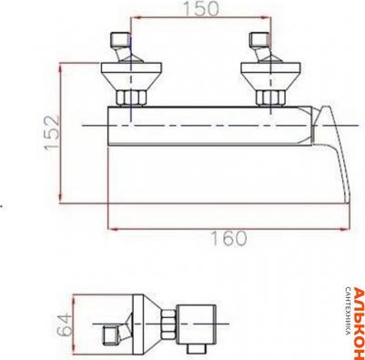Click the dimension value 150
(201, 8)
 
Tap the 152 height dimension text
(52, 132)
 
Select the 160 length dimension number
(228, 239)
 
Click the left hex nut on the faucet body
(131, 98)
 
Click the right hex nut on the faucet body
(270, 98)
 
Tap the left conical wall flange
(131, 76)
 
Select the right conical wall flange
(270, 76)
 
